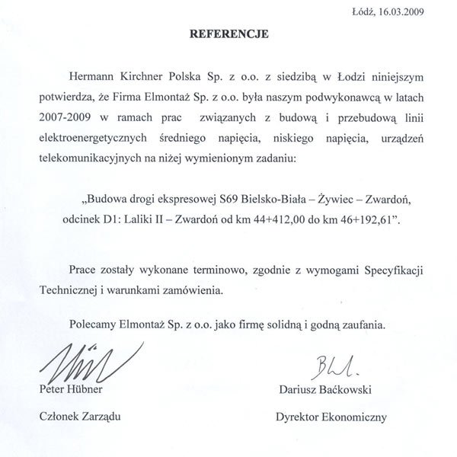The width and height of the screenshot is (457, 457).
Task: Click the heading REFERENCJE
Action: click(x=228, y=34)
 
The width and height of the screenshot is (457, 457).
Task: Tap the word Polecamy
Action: click(x=91, y=323)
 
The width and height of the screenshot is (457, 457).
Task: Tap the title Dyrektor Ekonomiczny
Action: click(x=331, y=417)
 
